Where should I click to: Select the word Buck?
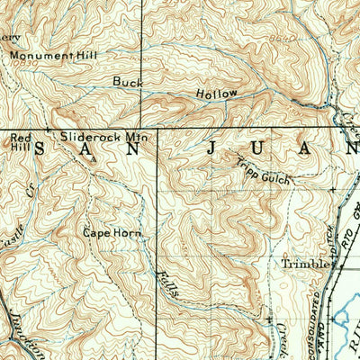pyautogui.click(x=128, y=81)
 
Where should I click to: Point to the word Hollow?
pyautogui.click(x=217, y=94)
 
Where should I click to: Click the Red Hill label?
pyautogui.click(x=19, y=141)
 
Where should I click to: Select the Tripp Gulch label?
pyautogui.click(x=265, y=170)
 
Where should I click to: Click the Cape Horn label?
pyautogui.click(x=112, y=231)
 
